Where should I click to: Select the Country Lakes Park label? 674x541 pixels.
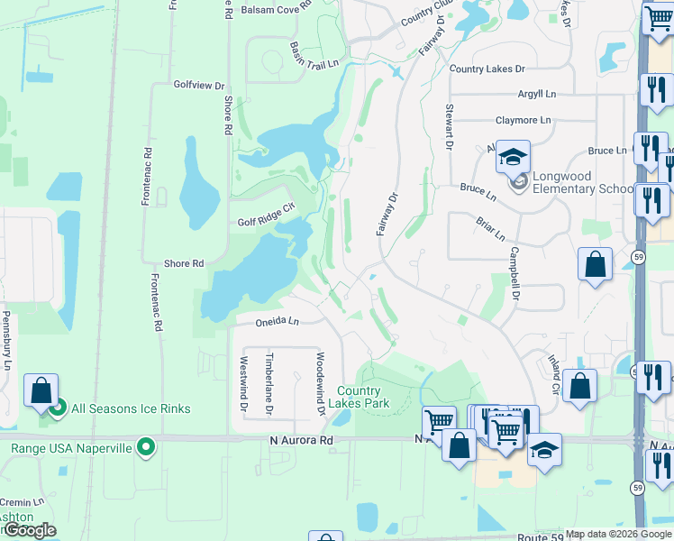tap(364, 397)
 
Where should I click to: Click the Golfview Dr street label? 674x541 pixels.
tap(199, 85)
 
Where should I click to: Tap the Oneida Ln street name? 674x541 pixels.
tap(268, 320)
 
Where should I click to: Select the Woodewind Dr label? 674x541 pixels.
tap(319, 383)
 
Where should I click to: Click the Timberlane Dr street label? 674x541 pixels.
tap(269, 383)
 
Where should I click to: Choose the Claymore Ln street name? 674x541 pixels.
tap(523, 120)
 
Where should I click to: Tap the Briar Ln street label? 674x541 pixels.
tap(487, 228)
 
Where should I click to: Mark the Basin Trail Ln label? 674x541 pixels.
tap(314, 54)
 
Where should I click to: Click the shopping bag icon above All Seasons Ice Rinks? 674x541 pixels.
tap(41, 391)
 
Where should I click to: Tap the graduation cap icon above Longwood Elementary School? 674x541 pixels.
tap(513, 158)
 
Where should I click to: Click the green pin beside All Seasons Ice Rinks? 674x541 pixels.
tap(58, 409)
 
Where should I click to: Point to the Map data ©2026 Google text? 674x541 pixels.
tap(617, 534)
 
